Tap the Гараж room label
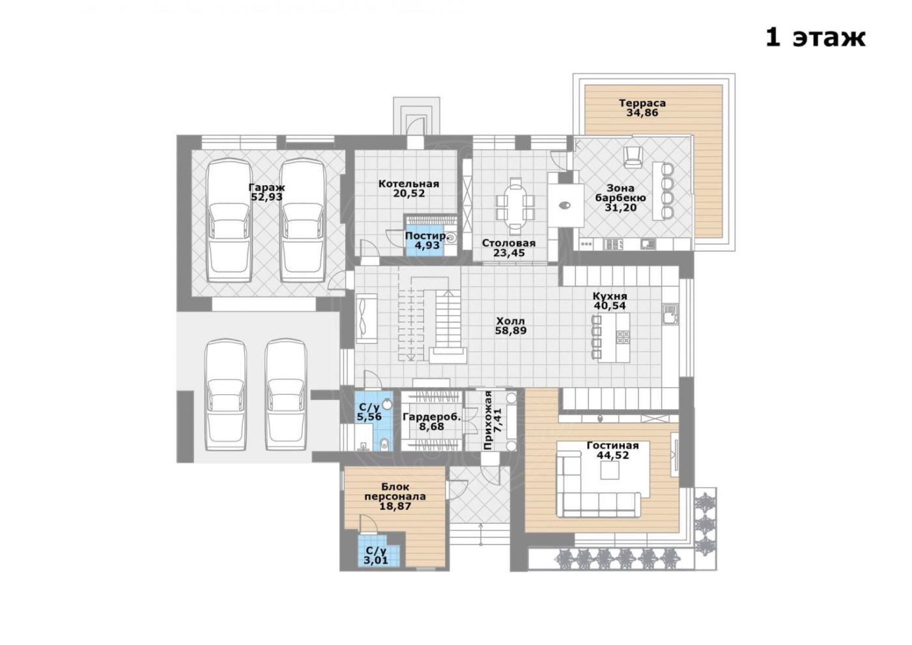coord(266,188)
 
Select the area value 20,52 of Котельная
coord(409,193)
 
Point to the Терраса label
coord(642,103)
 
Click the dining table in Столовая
coord(515,206)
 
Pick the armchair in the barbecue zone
coord(633,157)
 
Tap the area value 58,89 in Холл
coord(511,331)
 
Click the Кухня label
coord(610,296)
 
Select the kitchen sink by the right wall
coord(669,314)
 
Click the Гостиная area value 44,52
coord(613,455)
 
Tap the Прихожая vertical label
coord(493,420)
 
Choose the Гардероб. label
coord(432,417)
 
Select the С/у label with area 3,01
coord(375,551)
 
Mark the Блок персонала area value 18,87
coord(395,507)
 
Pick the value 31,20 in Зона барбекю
coord(621,208)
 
